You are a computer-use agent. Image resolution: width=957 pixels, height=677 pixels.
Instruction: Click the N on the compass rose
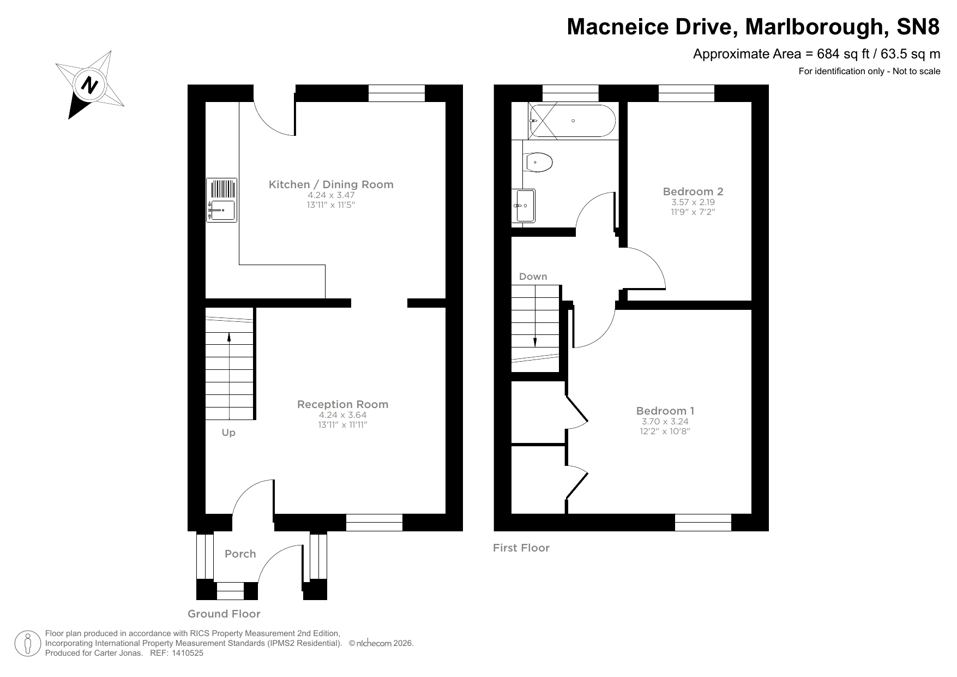tap(89, 85)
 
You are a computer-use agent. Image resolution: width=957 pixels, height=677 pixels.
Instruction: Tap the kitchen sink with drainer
tap(221, 200)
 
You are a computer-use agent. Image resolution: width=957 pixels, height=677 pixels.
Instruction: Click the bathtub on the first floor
tap(573, 121)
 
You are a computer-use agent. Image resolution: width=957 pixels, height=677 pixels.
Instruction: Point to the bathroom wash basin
tap(525, 206)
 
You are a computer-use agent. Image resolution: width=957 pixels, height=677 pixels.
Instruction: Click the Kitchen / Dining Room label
tap(331, 184)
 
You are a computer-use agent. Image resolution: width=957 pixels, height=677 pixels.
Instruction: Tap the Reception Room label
tap(342, 404)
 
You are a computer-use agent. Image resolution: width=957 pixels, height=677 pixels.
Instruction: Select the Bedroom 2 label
tap(693, 191)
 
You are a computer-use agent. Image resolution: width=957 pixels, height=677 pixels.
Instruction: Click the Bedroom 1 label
tap(665, 411)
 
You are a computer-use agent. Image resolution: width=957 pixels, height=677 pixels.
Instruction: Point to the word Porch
tap(240, 554)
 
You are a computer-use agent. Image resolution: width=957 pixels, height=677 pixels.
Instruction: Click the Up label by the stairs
tap(228, 433)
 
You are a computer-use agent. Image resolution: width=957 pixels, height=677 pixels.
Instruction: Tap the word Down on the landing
tap(533, 277)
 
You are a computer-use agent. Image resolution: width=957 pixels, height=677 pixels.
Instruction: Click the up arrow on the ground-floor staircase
tap(228, 338)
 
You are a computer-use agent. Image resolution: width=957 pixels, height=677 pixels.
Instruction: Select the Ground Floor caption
tap(224, 614)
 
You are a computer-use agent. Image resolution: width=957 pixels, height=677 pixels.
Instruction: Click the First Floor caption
tap(521, 548)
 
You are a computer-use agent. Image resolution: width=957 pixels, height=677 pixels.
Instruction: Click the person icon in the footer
tap(27, 644)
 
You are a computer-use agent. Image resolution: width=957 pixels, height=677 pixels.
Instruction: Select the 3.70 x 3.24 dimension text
tap(664, 422)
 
